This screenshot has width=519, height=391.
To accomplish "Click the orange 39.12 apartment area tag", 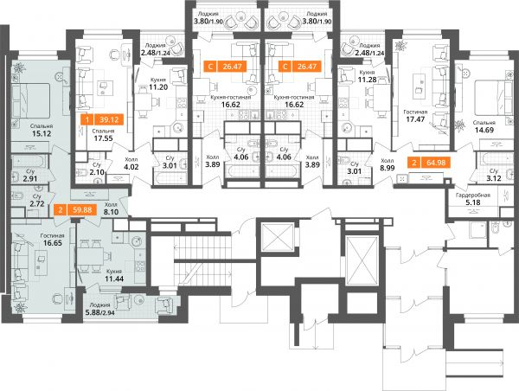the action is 102,119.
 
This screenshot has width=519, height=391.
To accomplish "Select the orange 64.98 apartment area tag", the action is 429,163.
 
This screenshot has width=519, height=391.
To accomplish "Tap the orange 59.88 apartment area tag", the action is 75,210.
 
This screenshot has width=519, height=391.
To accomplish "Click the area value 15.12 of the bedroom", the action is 42,133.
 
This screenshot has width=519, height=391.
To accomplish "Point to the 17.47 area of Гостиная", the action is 415,119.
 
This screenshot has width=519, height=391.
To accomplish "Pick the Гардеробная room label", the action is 472,195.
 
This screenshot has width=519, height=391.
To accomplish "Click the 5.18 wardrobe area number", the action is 472,202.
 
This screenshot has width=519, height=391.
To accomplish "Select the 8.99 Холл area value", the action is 388,168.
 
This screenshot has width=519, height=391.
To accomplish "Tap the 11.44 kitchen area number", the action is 114,279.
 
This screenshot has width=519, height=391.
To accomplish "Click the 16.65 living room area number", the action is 53,243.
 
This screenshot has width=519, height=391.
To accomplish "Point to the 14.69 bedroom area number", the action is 484,130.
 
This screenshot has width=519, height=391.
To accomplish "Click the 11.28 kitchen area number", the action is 367,80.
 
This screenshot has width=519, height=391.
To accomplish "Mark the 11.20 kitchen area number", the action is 158,87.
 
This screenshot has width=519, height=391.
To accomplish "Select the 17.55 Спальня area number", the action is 103,138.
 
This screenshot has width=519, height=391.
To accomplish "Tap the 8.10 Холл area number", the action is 112,212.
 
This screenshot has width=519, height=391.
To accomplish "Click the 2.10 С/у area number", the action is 97,172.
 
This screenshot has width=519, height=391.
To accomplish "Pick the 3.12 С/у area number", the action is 494,178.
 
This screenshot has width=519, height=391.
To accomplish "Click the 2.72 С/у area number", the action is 37,204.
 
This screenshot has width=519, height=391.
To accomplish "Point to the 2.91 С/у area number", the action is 29,179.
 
